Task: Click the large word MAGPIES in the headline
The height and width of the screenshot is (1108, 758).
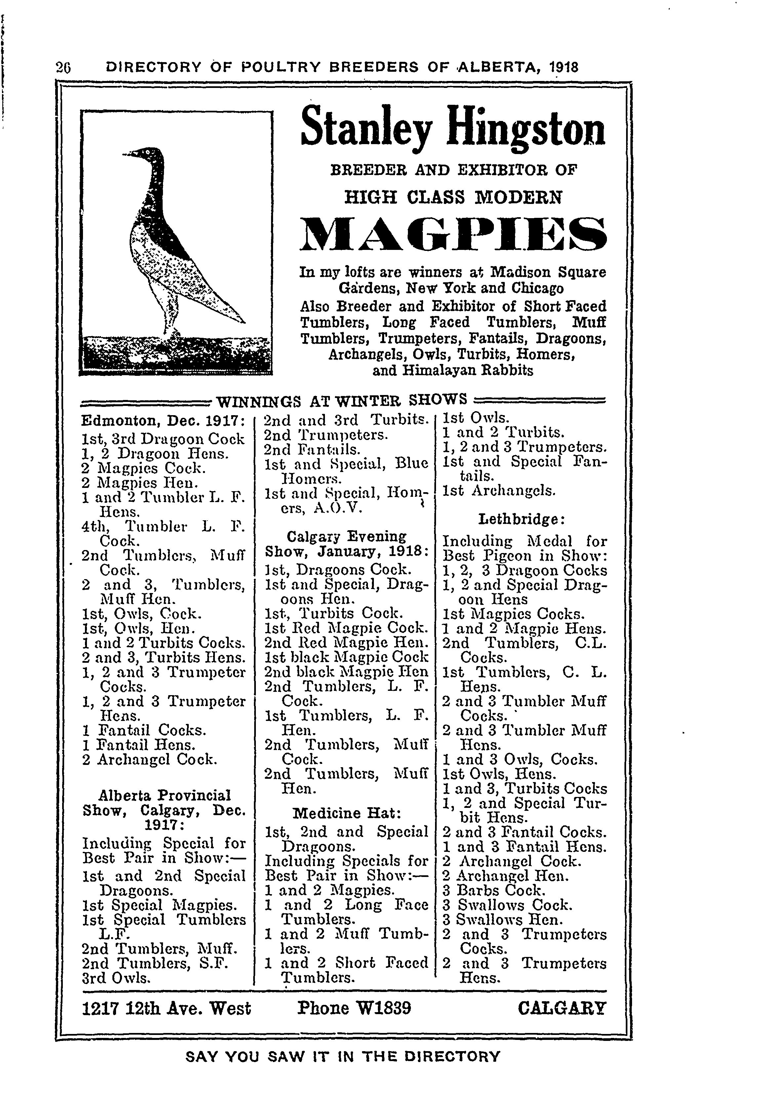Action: pos(453,235)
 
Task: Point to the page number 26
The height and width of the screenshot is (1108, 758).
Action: pos(63,67)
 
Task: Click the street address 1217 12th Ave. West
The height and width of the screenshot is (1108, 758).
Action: pos(166,1009)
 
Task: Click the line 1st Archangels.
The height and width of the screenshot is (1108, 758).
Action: pos(499,491)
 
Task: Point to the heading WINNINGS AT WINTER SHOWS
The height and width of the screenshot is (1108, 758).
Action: pos(341,399)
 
